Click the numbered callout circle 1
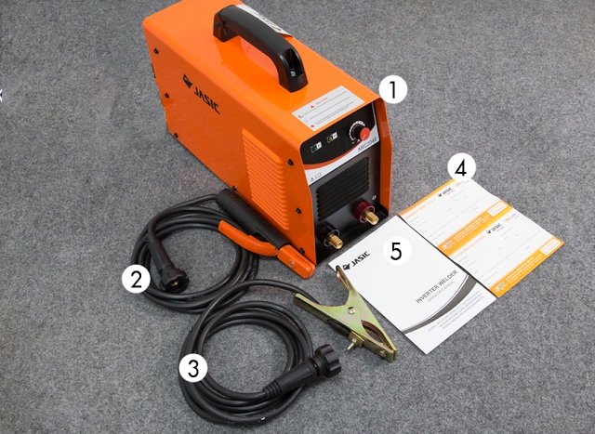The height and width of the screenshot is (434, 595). pyautogui.click(x=396, y=90)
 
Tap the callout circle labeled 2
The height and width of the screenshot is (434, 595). pyautogui.click(x=137, y=278)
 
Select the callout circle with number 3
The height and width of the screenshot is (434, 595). pyautogui.click(x=192, y=368)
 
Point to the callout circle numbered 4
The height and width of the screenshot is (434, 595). pyautogui.click(x=461, y=166)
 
